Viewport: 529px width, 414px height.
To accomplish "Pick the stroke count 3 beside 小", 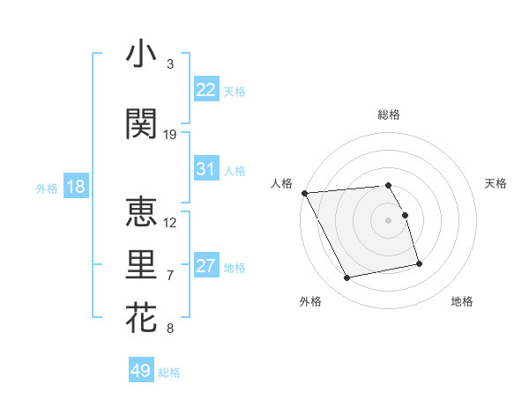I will pos(170,64).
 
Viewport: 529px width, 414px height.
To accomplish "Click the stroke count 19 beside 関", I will pos(170,135).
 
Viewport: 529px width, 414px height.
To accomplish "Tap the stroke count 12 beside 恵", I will pos(170,222).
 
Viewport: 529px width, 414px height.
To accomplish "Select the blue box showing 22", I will pos(206,90).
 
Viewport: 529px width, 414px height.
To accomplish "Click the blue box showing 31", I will pos(206,169).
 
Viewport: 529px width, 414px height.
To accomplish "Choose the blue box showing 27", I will pos(206,266).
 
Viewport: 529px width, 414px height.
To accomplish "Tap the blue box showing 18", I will pos(75,187).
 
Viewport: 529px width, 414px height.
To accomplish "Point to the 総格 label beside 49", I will pos(170,373).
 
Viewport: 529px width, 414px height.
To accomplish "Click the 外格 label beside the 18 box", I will pos(47,188).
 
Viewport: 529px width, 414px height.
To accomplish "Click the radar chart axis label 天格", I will pos(495,183).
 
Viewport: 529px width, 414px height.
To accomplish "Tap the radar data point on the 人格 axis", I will pos(304,193).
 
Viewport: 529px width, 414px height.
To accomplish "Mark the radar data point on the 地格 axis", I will pos(419,263).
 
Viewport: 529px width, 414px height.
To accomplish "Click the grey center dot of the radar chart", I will pos(389,220).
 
